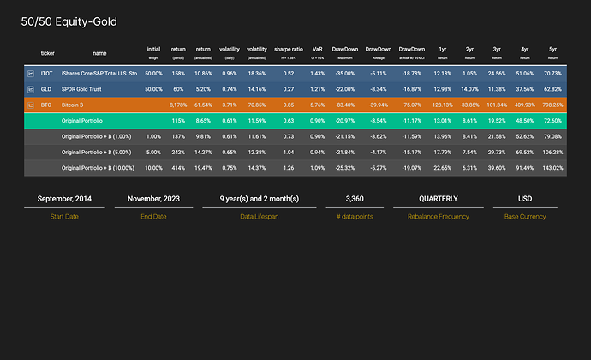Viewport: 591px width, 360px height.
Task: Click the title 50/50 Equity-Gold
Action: pyautogui.click(x=69, y=21)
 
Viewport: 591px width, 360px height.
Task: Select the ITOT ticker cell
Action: pyautogui.click(x=46, y=75)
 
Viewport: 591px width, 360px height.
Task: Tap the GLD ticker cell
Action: pyautogui.click(x=46, y=89)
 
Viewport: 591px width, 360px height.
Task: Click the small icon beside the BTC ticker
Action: pyautogui.click(x=30, y=105)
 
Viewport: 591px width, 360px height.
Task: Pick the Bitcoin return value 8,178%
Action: pyautogui.click(x=179, y=105)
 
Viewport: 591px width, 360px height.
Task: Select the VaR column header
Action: pyautogui.click(x=318, y=49)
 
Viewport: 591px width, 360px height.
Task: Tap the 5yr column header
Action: pyautogui.click(x=552, y=49)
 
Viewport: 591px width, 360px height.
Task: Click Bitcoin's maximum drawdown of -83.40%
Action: pyautogui.click(x=345, y=105)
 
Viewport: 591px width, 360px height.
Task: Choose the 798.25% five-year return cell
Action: pyautogui.click(x=552, y=105)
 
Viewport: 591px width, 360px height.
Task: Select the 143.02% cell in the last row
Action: pyautogui.click(x=552, y=167)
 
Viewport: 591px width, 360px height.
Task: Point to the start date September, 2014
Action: pyautogui.click(x=64, y=199)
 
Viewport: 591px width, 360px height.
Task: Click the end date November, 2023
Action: pyautogui.click(x=152, y=199)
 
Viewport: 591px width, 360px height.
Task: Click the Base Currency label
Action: pyautogui.click(x=525, y=217)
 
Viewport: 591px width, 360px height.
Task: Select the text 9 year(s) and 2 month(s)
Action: pyautogui.click(x=259, y=199)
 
